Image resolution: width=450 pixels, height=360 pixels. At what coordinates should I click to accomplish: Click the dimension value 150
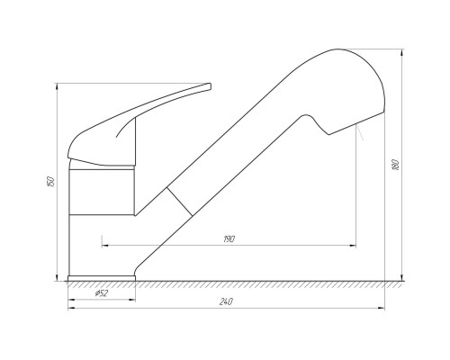click(51, 181)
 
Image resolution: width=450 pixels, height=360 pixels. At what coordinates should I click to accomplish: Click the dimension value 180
click(396, 165)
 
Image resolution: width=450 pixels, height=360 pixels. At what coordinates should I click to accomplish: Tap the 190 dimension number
click(229, 239)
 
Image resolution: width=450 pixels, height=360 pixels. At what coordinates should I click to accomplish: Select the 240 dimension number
click(226, 301)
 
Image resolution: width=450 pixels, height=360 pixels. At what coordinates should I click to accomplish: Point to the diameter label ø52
click(102, 293)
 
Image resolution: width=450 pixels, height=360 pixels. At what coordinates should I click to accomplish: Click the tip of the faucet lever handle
click(210, 86)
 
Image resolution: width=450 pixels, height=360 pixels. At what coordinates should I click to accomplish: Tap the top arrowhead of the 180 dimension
click(402, 53)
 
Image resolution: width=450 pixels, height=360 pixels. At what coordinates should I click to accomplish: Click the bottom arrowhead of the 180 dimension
click(402, 277)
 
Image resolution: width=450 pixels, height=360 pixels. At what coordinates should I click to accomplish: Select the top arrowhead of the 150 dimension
click(57, 87)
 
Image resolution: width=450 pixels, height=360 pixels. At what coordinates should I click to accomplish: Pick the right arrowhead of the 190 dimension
click(352, 246)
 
